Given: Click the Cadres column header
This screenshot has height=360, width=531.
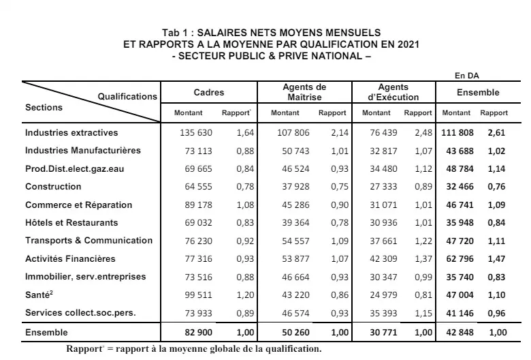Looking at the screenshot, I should click(x=208, y=93).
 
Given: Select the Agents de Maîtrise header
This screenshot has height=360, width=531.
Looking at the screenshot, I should click(x=304, y=93).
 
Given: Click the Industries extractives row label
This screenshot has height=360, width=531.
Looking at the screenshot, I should click(x=71, y=133).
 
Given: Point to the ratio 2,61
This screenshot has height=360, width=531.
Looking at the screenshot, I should click(x=496, y=133).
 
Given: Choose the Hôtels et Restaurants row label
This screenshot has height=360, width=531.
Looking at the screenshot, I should click(x=71, y=223).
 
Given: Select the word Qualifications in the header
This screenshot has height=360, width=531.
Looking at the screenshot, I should click(x=127, y=97).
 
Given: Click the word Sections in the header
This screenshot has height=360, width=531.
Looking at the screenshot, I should click(x=44, y=108).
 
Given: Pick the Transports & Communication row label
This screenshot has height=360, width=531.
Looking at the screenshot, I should click(x=88, y=241).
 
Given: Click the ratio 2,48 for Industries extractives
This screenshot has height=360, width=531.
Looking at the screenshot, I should click(x=423, y=133).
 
